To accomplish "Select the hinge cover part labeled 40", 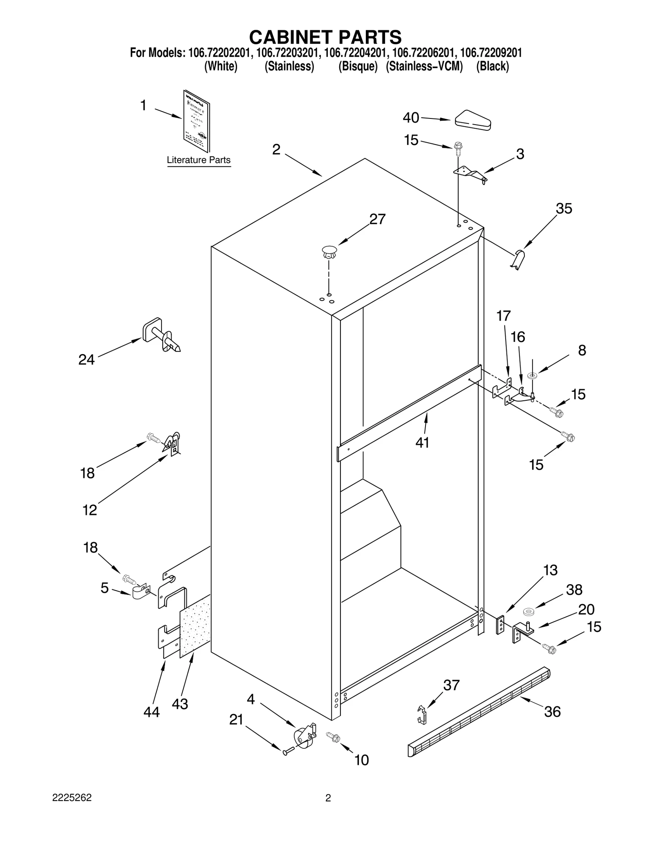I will pyautogui.click(x=473, y=120).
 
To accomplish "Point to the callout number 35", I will pyautogui.click(x=564, y=209).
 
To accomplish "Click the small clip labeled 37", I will pyautogui.click(x=422, y=714).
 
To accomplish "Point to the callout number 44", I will pyautogui.click(x=151, y=712).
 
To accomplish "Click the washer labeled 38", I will pyautogui.click(x=529, y=612).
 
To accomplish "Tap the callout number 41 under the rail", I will pyautogui.click(x=422, y=442).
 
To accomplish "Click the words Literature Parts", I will pyautogui.click(x=199, y=160).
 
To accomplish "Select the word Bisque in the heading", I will pyautogui.click(x=358, y=66).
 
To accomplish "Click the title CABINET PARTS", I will pyautogui.click(x=325, y=37).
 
